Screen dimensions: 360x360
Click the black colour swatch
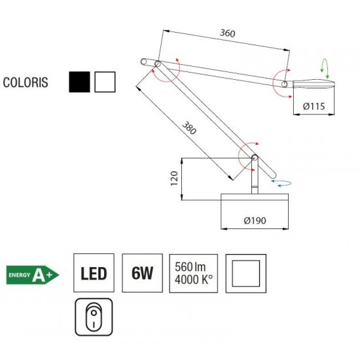click(x=79, y=82)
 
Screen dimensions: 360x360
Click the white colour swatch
click(x=105, y=82)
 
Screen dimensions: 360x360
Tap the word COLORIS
click(x=26, y=82)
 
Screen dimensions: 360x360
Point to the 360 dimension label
click(x=228, y=33)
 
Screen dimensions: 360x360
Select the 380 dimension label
click(x=189, y=128)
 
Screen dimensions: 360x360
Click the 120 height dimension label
click(x=174, y=179)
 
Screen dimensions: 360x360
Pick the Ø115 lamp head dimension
click(x=314, y=106)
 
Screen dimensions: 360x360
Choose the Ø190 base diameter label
click(x=255, y=221)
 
